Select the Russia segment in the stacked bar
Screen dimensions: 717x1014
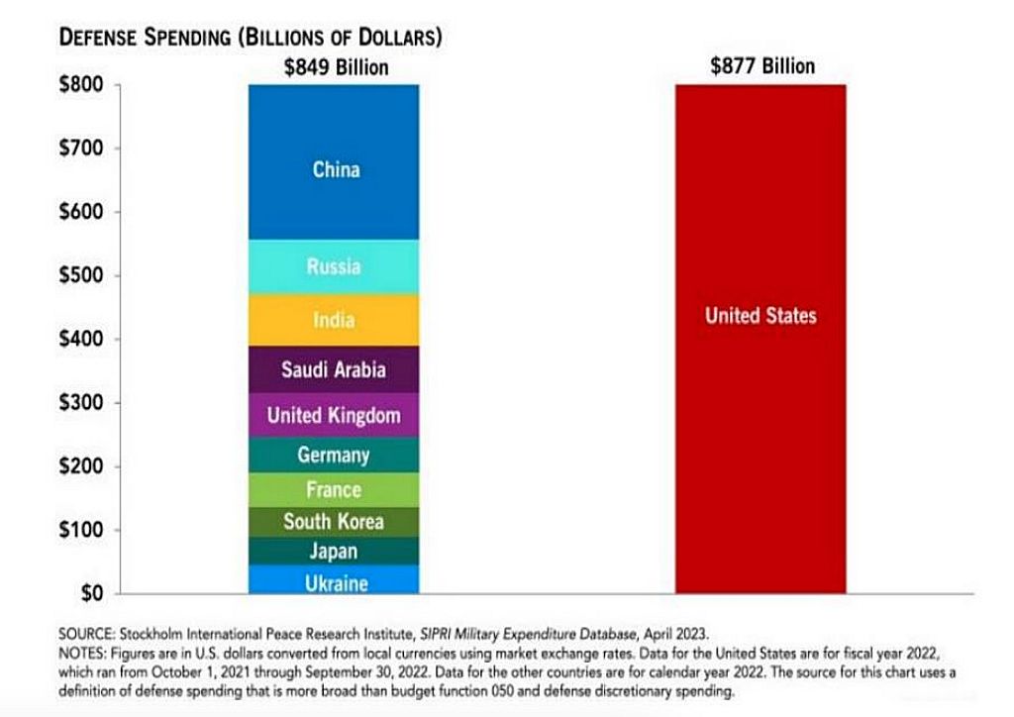334,266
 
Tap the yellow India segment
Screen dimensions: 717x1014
334,319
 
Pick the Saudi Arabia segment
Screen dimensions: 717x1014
334,369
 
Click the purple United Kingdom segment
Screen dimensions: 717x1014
334,414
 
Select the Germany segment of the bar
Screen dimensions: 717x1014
334,455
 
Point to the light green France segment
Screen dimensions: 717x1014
334,489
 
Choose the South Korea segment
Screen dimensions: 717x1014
334,521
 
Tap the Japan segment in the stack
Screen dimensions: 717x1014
334,551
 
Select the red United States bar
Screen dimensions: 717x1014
760,337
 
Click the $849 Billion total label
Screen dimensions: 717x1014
336,67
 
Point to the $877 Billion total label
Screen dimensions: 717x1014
761,66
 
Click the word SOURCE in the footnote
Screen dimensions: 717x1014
88,631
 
